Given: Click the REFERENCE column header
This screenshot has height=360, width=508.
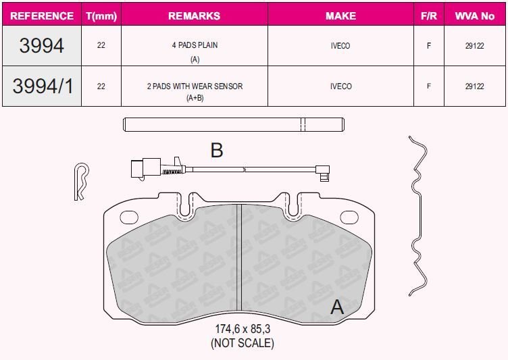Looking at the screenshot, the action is [42, 16].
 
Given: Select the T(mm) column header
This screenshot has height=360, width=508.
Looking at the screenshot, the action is [101, 16].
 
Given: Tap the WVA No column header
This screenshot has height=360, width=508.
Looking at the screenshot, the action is [475, 16].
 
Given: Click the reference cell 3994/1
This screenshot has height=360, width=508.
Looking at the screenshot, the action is [43, 86].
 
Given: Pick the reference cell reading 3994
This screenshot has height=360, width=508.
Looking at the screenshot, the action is [41, 45].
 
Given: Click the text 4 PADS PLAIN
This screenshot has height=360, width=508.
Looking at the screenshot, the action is [195, 45].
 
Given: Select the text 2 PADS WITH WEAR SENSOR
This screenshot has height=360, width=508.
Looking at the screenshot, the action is [195, 86].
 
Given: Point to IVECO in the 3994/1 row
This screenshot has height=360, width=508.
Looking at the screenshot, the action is [341, 86].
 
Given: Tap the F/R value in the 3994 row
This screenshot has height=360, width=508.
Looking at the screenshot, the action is [428, 46].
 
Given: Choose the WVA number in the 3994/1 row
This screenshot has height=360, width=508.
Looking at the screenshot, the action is [475, 86].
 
